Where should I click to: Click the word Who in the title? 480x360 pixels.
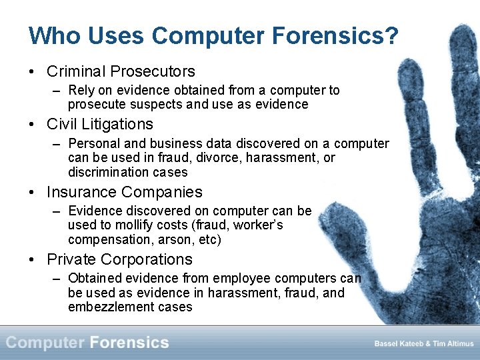50,36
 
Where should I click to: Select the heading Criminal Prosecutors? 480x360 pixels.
121,71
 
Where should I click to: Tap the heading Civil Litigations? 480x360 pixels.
100,124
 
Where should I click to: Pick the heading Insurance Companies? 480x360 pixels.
124,192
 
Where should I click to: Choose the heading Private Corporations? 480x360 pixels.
119,259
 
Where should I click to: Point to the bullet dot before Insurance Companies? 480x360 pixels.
33,193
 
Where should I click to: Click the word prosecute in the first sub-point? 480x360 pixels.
95,105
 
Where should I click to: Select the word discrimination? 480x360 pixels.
107,172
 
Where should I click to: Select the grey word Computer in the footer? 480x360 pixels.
45,343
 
